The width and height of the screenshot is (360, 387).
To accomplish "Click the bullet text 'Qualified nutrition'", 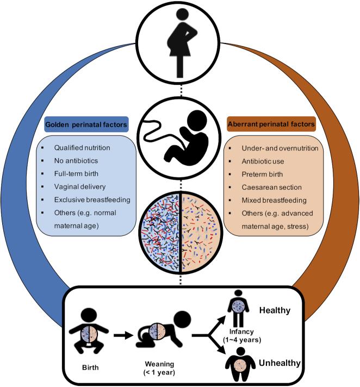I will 82,148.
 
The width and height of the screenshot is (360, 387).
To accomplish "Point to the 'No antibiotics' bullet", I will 75,161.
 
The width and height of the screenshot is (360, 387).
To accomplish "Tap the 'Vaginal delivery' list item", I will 79,187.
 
